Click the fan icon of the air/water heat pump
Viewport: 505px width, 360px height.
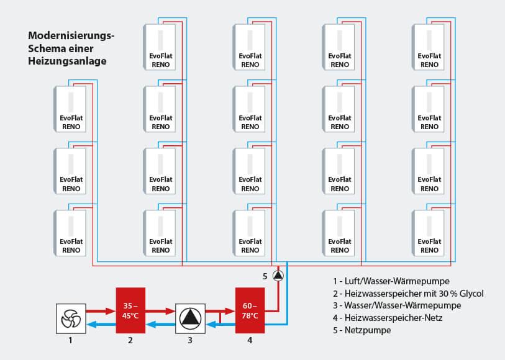click(x=71, y=318)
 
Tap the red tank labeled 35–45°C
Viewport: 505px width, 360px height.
click(x=130, y=310)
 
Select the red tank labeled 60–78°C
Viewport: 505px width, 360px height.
click(x=250, y=310)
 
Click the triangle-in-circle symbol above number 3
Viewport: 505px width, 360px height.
click(x=190, y=318)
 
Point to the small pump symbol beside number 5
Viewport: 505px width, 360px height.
click(x=278, y=276)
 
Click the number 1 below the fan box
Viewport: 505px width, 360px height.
click(x=71, y=340)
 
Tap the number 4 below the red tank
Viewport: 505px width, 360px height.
click(x=250, y=340)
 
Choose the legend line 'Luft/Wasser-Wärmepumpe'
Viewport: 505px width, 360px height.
click(x=391, y=281)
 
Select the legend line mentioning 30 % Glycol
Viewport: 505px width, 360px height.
click(x=408, y=294)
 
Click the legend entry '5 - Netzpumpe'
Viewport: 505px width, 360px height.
click(x=362, y=330)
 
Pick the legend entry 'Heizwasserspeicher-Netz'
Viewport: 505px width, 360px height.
click(x=388, y=318)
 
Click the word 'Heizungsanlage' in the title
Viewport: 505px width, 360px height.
click(x=67, y=61)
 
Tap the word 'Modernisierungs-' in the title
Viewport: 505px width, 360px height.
click(x=71, y=35)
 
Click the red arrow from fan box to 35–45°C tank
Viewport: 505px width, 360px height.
click(x=101, y=311)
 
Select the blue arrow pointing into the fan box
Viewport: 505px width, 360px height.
click(x=101, y=324)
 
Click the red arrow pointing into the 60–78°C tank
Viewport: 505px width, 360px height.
click(x=221, y=311)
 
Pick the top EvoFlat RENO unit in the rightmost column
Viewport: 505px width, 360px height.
click(x=428, y=47)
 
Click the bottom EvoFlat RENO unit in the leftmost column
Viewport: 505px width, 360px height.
click(x=70, y=233)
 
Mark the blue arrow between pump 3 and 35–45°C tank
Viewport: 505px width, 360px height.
click(x=160, y=324)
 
